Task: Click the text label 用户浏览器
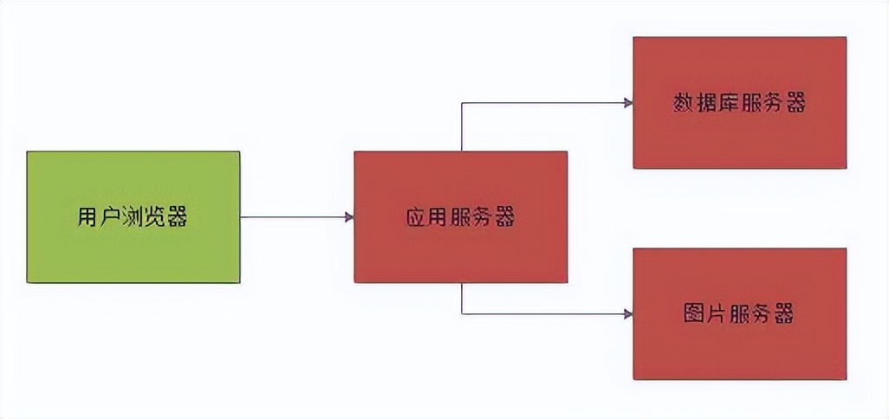[133, 216]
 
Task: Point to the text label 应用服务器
[460, 216]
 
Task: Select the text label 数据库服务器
[739, 103]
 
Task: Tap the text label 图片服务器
[739, 313]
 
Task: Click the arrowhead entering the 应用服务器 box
[349, 216]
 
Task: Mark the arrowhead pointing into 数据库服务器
[628, 103]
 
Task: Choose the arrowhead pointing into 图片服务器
[628, 313]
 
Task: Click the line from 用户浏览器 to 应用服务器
[295, 216]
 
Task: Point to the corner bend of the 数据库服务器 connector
[461, 103]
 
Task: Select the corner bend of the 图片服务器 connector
[461, 313]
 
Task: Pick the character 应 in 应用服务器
[417, 216]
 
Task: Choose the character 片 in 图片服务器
[717, 313]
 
